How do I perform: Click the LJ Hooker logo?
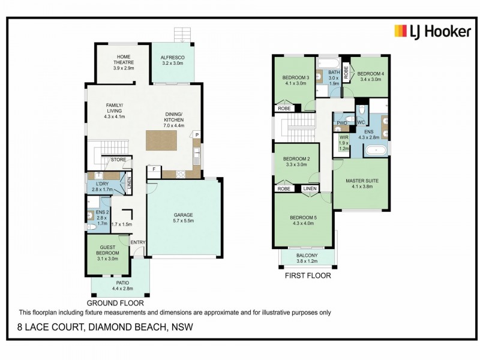(432, 32)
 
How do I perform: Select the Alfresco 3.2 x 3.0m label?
(172, 61)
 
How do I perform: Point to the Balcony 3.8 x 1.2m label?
(308, 258)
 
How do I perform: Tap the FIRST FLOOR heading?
(308, 277)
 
